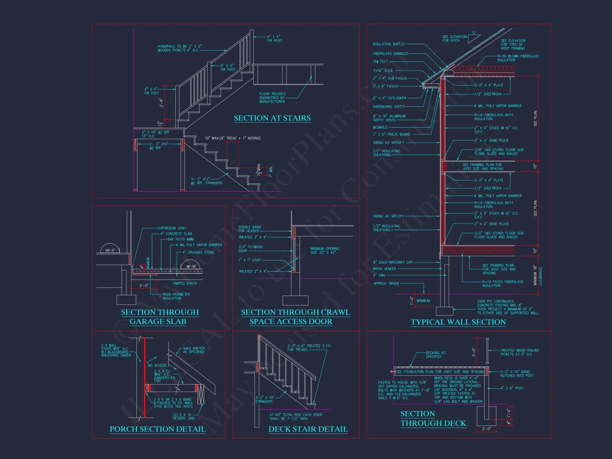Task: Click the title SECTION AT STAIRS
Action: click(272, 118)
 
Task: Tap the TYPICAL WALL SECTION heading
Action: click(458, 322)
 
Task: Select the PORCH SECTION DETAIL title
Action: click(158, 429)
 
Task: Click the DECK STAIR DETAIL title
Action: click(308, 429)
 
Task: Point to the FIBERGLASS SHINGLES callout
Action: click(390, 54)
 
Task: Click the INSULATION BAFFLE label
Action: click(388, 44)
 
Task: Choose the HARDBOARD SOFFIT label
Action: click(388, 107)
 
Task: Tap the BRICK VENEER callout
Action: click(384, 269)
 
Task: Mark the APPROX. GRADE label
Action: click(386, 284)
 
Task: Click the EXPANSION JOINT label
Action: click(172, 228)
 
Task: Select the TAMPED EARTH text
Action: click(185, 283)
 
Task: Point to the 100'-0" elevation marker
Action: click(110, 250)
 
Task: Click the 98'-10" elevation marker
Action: click(191, 267)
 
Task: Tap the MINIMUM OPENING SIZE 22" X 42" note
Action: click(325, 251)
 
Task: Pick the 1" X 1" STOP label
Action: click(249, 260)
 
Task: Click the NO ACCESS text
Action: click(157, 365)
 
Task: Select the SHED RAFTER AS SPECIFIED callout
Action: click(194, 350)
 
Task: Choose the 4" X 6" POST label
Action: click(512, 388)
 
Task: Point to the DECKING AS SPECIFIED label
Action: click(435, 355)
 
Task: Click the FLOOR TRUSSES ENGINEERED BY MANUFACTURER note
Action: click(272, 98)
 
